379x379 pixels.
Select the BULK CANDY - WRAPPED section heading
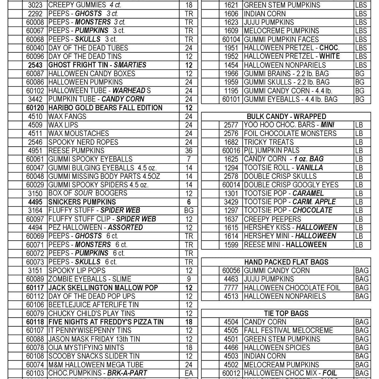(286, 116)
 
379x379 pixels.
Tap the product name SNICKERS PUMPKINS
(82, 202)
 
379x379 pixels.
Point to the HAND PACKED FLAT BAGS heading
(286, 262)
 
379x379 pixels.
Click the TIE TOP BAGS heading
(286, 313)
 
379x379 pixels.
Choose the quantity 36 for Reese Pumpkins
(189, 150)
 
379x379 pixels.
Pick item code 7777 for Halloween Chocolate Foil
(231, 288)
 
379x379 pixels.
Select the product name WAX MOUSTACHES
(78, 133)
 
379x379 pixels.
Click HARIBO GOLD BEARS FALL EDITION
(105, 108)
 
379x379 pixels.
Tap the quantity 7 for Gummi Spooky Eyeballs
(189, 159)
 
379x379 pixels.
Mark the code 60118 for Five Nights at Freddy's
(36, 322)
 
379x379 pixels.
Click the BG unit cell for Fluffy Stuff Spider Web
(189, 210)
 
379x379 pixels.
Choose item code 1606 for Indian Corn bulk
(231, 13)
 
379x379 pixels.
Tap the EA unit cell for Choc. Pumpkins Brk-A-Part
(189, 373)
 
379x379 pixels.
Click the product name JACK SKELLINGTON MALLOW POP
(103, 288)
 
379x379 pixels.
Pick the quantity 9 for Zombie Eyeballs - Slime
(189, 279)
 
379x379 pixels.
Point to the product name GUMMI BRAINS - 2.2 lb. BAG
(286, 74)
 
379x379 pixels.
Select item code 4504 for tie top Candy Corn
(231, 322)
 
